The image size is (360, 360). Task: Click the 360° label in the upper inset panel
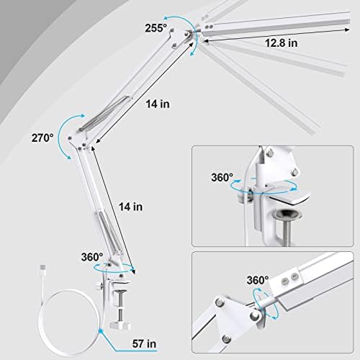222,176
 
